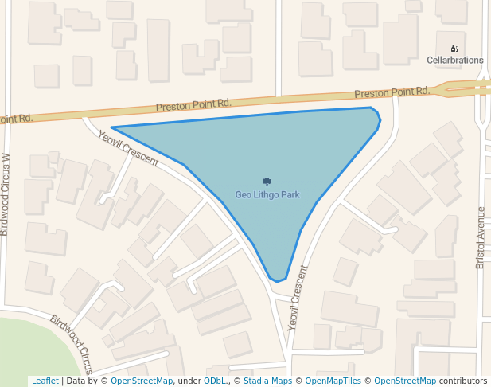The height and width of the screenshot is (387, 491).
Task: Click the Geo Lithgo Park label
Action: [x=267, y=194]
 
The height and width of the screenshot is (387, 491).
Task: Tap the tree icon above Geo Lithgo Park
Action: [x=267, y=182]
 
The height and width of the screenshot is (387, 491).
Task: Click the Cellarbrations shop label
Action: [x=454, y=60]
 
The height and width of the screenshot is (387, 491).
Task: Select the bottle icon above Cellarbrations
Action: [x=454, y=48]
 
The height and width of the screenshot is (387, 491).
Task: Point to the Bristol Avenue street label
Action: [x=480, y=237]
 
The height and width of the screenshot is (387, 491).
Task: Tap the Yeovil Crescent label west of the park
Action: [x=128, y=148]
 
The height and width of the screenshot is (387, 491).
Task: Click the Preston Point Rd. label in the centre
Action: [x=193, y=104]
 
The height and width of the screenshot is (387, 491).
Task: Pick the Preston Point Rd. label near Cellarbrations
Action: [x=392, y=92]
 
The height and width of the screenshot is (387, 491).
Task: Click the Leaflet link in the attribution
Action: [x=45, y=381]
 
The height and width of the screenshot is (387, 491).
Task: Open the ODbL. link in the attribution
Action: [x=215, y=381]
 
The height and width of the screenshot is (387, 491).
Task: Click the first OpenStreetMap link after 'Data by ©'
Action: [x=142, y=381]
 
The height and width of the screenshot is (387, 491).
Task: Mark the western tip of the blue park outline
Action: [x=111, y=127]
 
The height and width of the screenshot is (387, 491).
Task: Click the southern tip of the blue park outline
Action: [x=277, y=281]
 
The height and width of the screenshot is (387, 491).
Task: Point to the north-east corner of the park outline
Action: [x=373, y=109]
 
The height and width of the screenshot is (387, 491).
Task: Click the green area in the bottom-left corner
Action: [x=24, y=350]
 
